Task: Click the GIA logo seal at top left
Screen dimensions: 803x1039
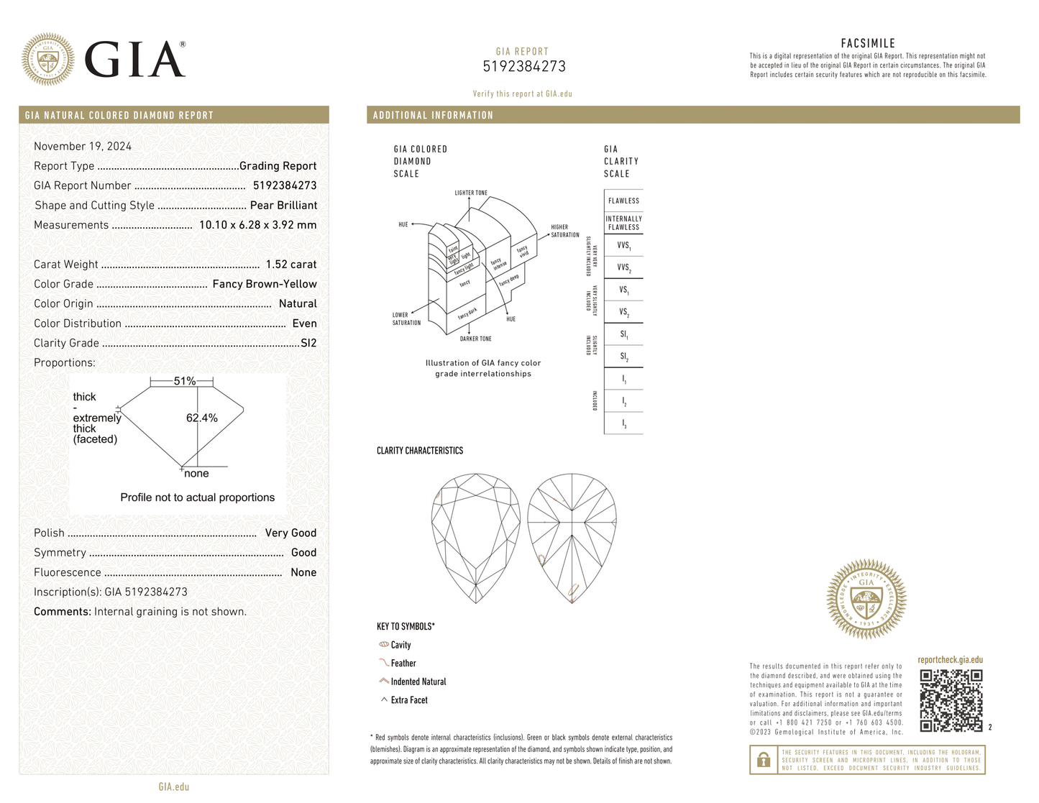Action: click(x=47, y=59)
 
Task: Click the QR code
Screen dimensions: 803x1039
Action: click(x=951, y=700)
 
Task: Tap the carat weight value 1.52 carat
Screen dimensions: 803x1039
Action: click(x=290, y=265)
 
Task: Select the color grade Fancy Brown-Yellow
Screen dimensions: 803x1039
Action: click(x=264, y=284)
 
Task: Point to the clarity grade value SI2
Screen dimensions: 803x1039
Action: click(x=308, y=343)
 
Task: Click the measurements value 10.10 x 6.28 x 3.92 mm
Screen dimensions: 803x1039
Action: click(x=257, y=225)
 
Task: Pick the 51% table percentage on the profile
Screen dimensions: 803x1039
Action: click(x=184, y=381)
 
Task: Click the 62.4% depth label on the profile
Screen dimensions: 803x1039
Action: click(x=201, y=418)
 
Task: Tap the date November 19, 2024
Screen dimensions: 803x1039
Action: click(x=83, y=146)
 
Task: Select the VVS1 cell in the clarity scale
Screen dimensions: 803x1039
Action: click(x=623, y=245)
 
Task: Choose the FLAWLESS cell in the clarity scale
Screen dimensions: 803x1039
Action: click(x=623, y=201)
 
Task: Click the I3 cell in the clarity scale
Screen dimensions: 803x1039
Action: click(x=623, y=423)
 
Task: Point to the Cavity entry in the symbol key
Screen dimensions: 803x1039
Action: click(x=401, y=645)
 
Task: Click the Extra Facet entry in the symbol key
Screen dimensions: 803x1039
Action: click(x=408, y=700)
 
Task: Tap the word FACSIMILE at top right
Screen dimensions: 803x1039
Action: click(x=868, y=43)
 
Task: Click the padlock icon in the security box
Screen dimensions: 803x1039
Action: click(x=764, y=760)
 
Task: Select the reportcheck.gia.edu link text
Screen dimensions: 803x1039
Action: click(x=950, y=660)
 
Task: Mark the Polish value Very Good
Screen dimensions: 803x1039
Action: click(x=290, y=533)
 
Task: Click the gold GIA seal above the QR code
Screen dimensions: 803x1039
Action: click(x=866, y=599)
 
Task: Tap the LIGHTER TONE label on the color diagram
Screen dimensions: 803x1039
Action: click(x=470, y=193)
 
